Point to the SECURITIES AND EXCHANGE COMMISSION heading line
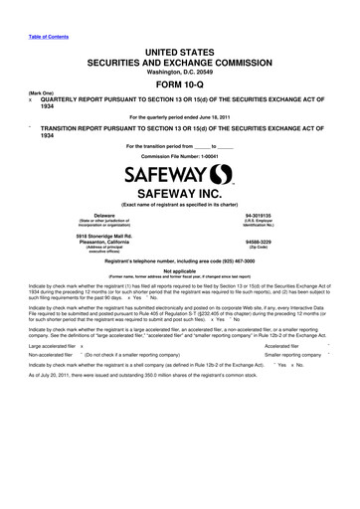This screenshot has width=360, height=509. [180, 59]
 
